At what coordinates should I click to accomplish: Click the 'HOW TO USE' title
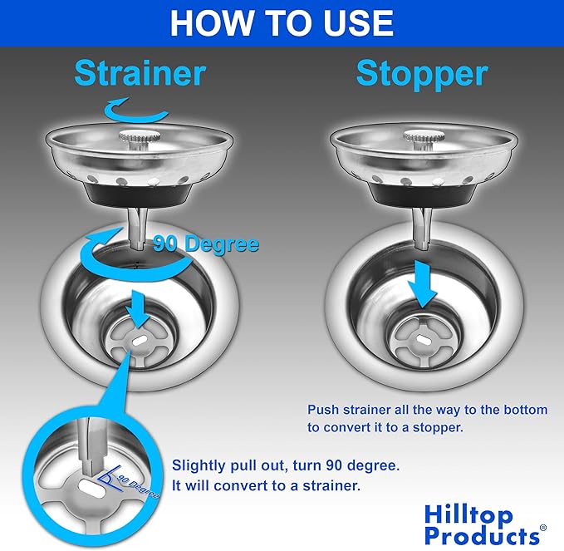tap(282, 22)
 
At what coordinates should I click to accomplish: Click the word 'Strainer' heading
tap(139, 73)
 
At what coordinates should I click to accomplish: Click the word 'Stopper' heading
tap(421, 73)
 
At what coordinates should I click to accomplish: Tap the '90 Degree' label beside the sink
tap(205, 244)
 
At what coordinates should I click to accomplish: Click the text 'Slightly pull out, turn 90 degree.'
tap(274, 465)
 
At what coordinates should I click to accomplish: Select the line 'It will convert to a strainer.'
tap(265, 485)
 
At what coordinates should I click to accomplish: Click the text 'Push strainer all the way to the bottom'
tap(427, 410)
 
